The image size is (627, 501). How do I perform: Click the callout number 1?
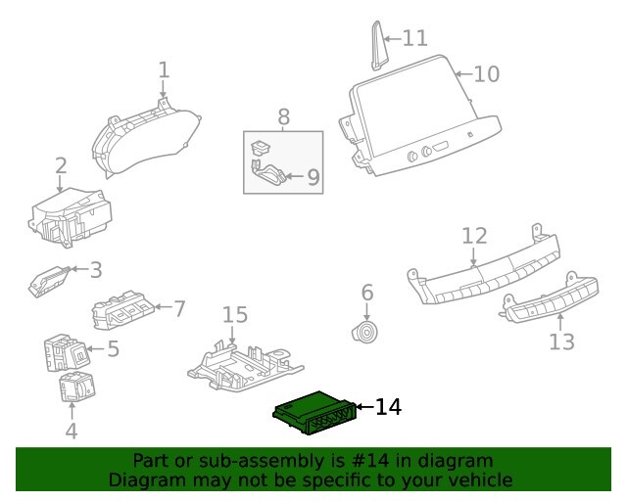click(164, 69)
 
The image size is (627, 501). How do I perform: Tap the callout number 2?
click(61, 166)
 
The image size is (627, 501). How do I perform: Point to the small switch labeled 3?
click(48, 281)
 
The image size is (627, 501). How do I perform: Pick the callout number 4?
click(71, 430)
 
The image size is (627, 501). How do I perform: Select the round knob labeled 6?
click(365, 334)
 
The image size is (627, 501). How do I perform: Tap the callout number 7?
click(178, 309)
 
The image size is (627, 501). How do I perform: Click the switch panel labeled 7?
click(125, 311)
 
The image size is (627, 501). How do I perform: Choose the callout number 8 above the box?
click(283, 117)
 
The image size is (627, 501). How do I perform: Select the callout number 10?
click(487, 73)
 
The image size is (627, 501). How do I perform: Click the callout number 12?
click(474, 236)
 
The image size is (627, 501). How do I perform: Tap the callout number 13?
click(562, 342)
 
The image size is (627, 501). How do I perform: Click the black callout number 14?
click(388, 406)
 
